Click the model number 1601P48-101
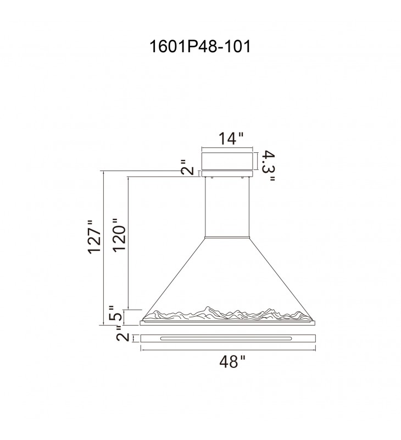tap(200, 46)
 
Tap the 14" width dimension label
tap(231, 139)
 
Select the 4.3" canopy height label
tap(268, 166)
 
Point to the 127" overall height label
tap(94, 237)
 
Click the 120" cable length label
tap(119, 235)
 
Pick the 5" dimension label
tap(115, 313)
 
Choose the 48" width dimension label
tap(232, 361)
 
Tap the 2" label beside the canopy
tap(187, 168)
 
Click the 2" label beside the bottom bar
tap(122, 333)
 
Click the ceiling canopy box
tap(227, 161)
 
